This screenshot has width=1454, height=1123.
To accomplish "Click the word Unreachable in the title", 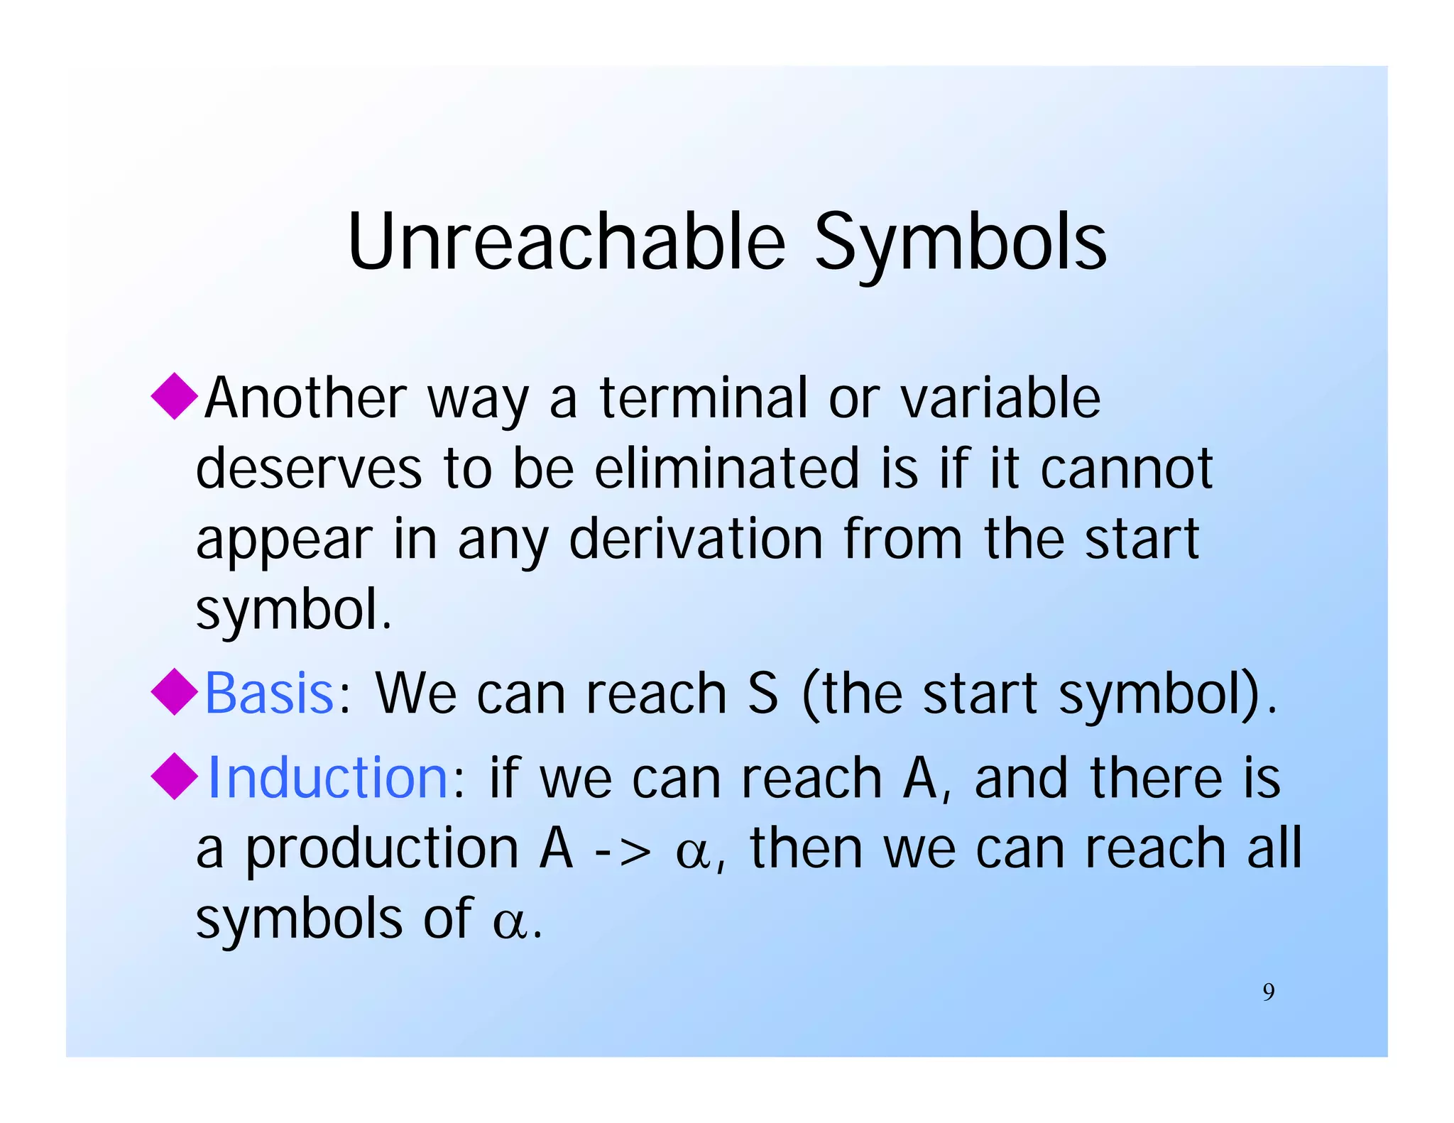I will [x=566, y=242].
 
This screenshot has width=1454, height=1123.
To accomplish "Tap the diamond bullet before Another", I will [x=175, y=396].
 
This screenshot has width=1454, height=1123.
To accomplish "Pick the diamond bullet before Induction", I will [x=175, y=777].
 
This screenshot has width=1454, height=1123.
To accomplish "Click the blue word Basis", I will [x=269, y=693].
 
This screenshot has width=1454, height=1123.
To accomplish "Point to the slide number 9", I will [x=1268, y=992].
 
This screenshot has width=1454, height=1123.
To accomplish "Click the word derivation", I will [x=696, y=539].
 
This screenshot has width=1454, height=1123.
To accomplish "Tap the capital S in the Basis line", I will [x=762, y=693].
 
